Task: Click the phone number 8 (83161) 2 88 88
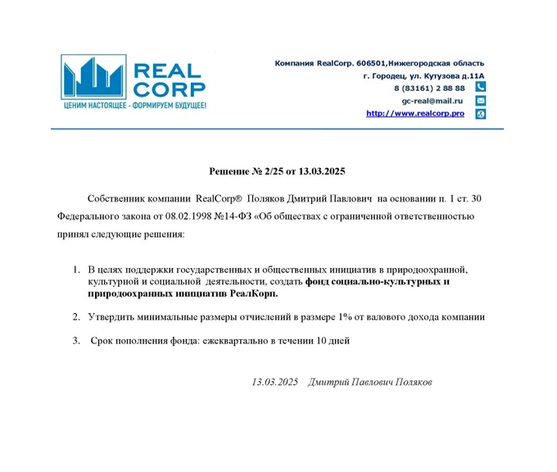click(429, 88)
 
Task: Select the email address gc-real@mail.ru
click(432, 100)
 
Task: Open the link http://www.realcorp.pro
click(415, 113)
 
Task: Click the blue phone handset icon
click(481, 87)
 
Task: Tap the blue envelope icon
click(481, 100)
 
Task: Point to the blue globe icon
click(481, 113)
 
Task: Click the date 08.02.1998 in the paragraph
click(185, 216)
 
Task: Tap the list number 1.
click(76, 270)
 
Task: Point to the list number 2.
click(76, 316)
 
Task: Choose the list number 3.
click(76, 340)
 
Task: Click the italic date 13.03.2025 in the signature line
click(275, 382)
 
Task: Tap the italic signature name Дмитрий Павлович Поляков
click(369, 382)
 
